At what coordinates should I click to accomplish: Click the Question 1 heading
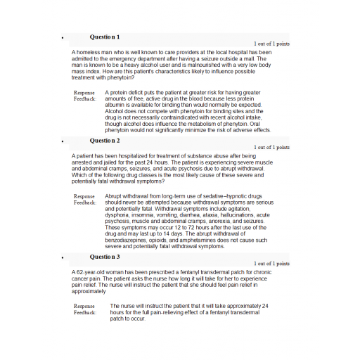(x=105, y=36)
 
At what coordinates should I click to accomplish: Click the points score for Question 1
(x=271, y=44)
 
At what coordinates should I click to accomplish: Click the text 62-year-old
(x=93, y=272)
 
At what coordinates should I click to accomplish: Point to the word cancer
(x=84, y=278)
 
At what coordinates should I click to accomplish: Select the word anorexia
(x=214, y=221)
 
